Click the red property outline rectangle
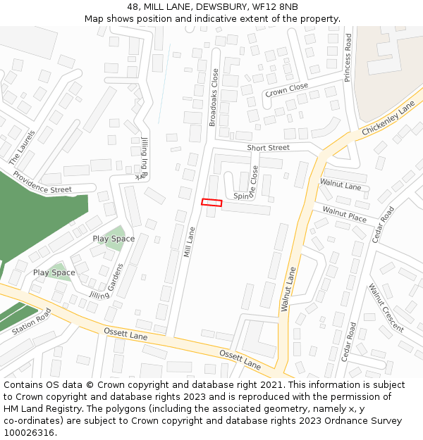(211, 203)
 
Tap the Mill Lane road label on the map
(188, 241)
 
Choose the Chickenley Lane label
(388, 119)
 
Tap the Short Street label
(268, 148)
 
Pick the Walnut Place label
(345, 213)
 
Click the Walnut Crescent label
(386, 308)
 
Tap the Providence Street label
(42, 182)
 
